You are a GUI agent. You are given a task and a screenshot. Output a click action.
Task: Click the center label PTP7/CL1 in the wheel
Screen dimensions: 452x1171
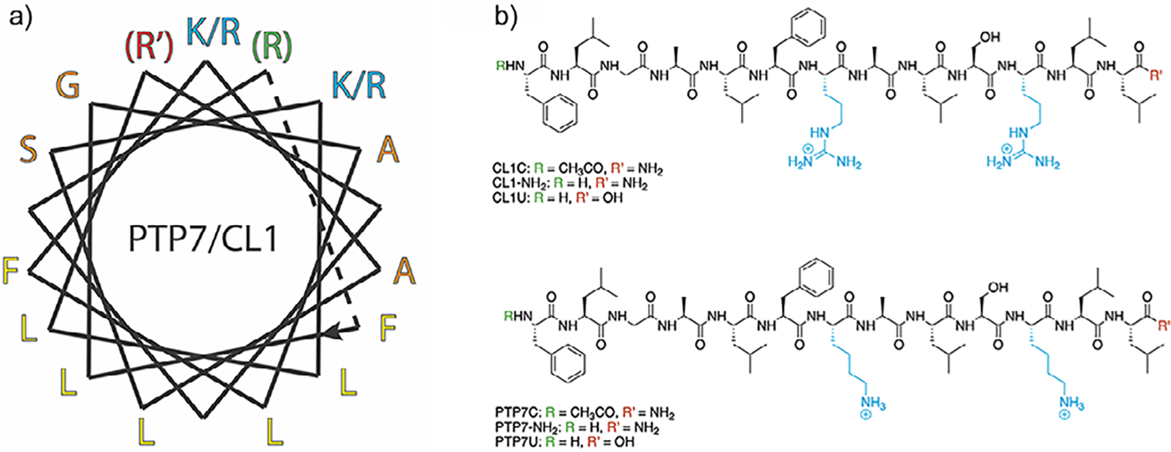click(x=203, y=239)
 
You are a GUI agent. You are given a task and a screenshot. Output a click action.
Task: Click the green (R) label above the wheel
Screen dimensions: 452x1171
click(x=271, y=46)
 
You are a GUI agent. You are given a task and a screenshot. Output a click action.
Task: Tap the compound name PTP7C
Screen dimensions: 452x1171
click(x=517, y=414)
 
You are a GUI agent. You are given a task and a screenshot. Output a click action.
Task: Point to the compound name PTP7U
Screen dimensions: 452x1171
click(x=517, y=442)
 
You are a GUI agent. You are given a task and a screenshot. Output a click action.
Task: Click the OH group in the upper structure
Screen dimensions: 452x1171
click(x=989, y=38)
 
